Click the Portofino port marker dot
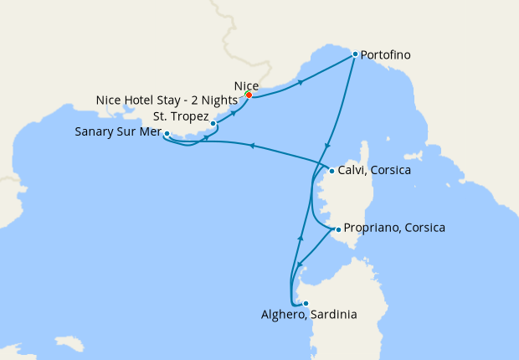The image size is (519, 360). pos(355,54)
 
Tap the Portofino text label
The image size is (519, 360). pos(389,55)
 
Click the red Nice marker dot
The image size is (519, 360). pos(249,95)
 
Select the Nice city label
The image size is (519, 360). pos(246,85)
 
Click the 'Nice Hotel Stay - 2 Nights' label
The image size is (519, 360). pos(167,100)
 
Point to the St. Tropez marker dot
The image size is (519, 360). pos(213,123)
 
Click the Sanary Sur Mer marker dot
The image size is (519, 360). pos(167,133)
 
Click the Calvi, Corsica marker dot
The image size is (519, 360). pos(331,172)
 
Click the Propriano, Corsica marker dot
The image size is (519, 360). pos(337,229)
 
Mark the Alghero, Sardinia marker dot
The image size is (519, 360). pos(306,303)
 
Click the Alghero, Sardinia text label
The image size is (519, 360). pos(308,316)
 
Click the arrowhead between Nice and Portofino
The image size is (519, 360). pos(301,82)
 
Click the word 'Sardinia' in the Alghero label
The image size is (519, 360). pos(333,316)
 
